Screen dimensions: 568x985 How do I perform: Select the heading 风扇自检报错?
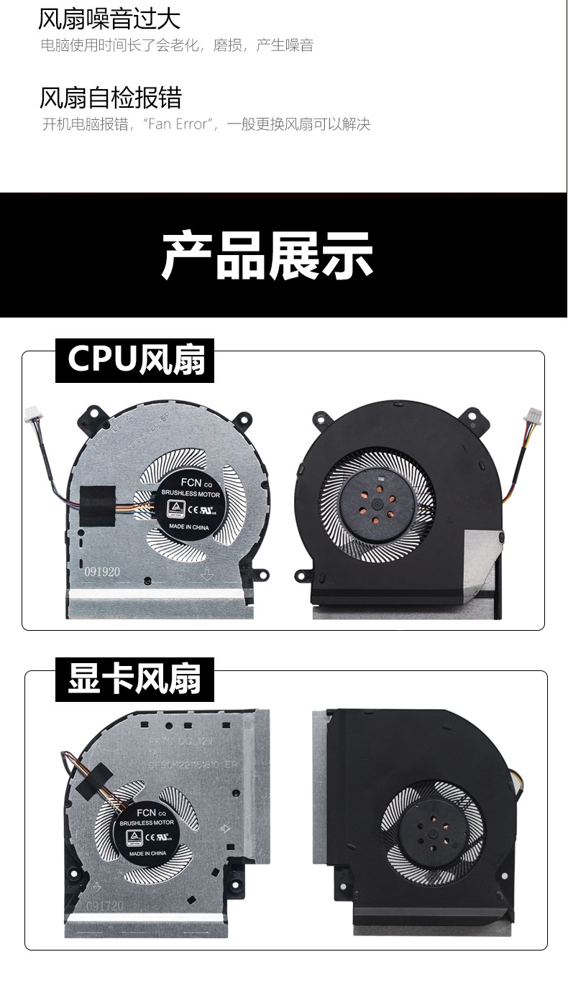tap(111, 97)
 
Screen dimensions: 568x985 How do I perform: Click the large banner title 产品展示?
tap(267, 256)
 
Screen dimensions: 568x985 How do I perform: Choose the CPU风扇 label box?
tap(135, 359)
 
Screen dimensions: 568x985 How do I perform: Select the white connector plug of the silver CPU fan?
tap(32, 413)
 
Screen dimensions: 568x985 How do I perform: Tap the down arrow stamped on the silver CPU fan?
tap(207, 575)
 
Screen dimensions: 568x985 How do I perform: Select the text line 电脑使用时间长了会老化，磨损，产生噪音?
tap(177, 46)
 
